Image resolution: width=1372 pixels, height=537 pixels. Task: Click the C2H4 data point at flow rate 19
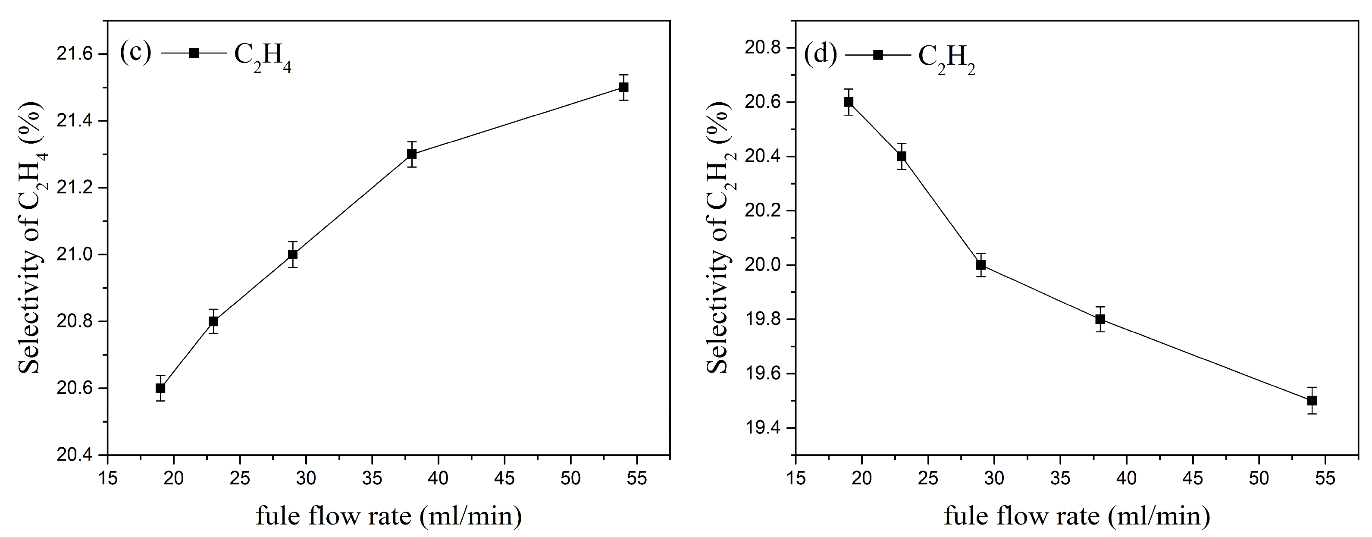click(x=160, y=388)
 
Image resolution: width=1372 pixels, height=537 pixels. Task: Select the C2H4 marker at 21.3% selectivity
click(x=412, y=154)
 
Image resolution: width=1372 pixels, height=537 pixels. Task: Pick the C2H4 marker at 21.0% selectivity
click(x=292, y=254)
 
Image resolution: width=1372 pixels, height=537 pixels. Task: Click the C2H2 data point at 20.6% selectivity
click(x=849, y=102)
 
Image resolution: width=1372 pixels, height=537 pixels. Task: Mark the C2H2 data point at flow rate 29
click(x=981, y=265)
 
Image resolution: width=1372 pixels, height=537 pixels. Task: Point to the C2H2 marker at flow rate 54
click(x=1312, y=401)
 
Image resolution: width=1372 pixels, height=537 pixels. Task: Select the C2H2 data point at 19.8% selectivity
click(x=1100, y=319)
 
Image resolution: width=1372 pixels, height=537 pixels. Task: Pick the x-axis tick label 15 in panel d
click(x=796, y=478)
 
